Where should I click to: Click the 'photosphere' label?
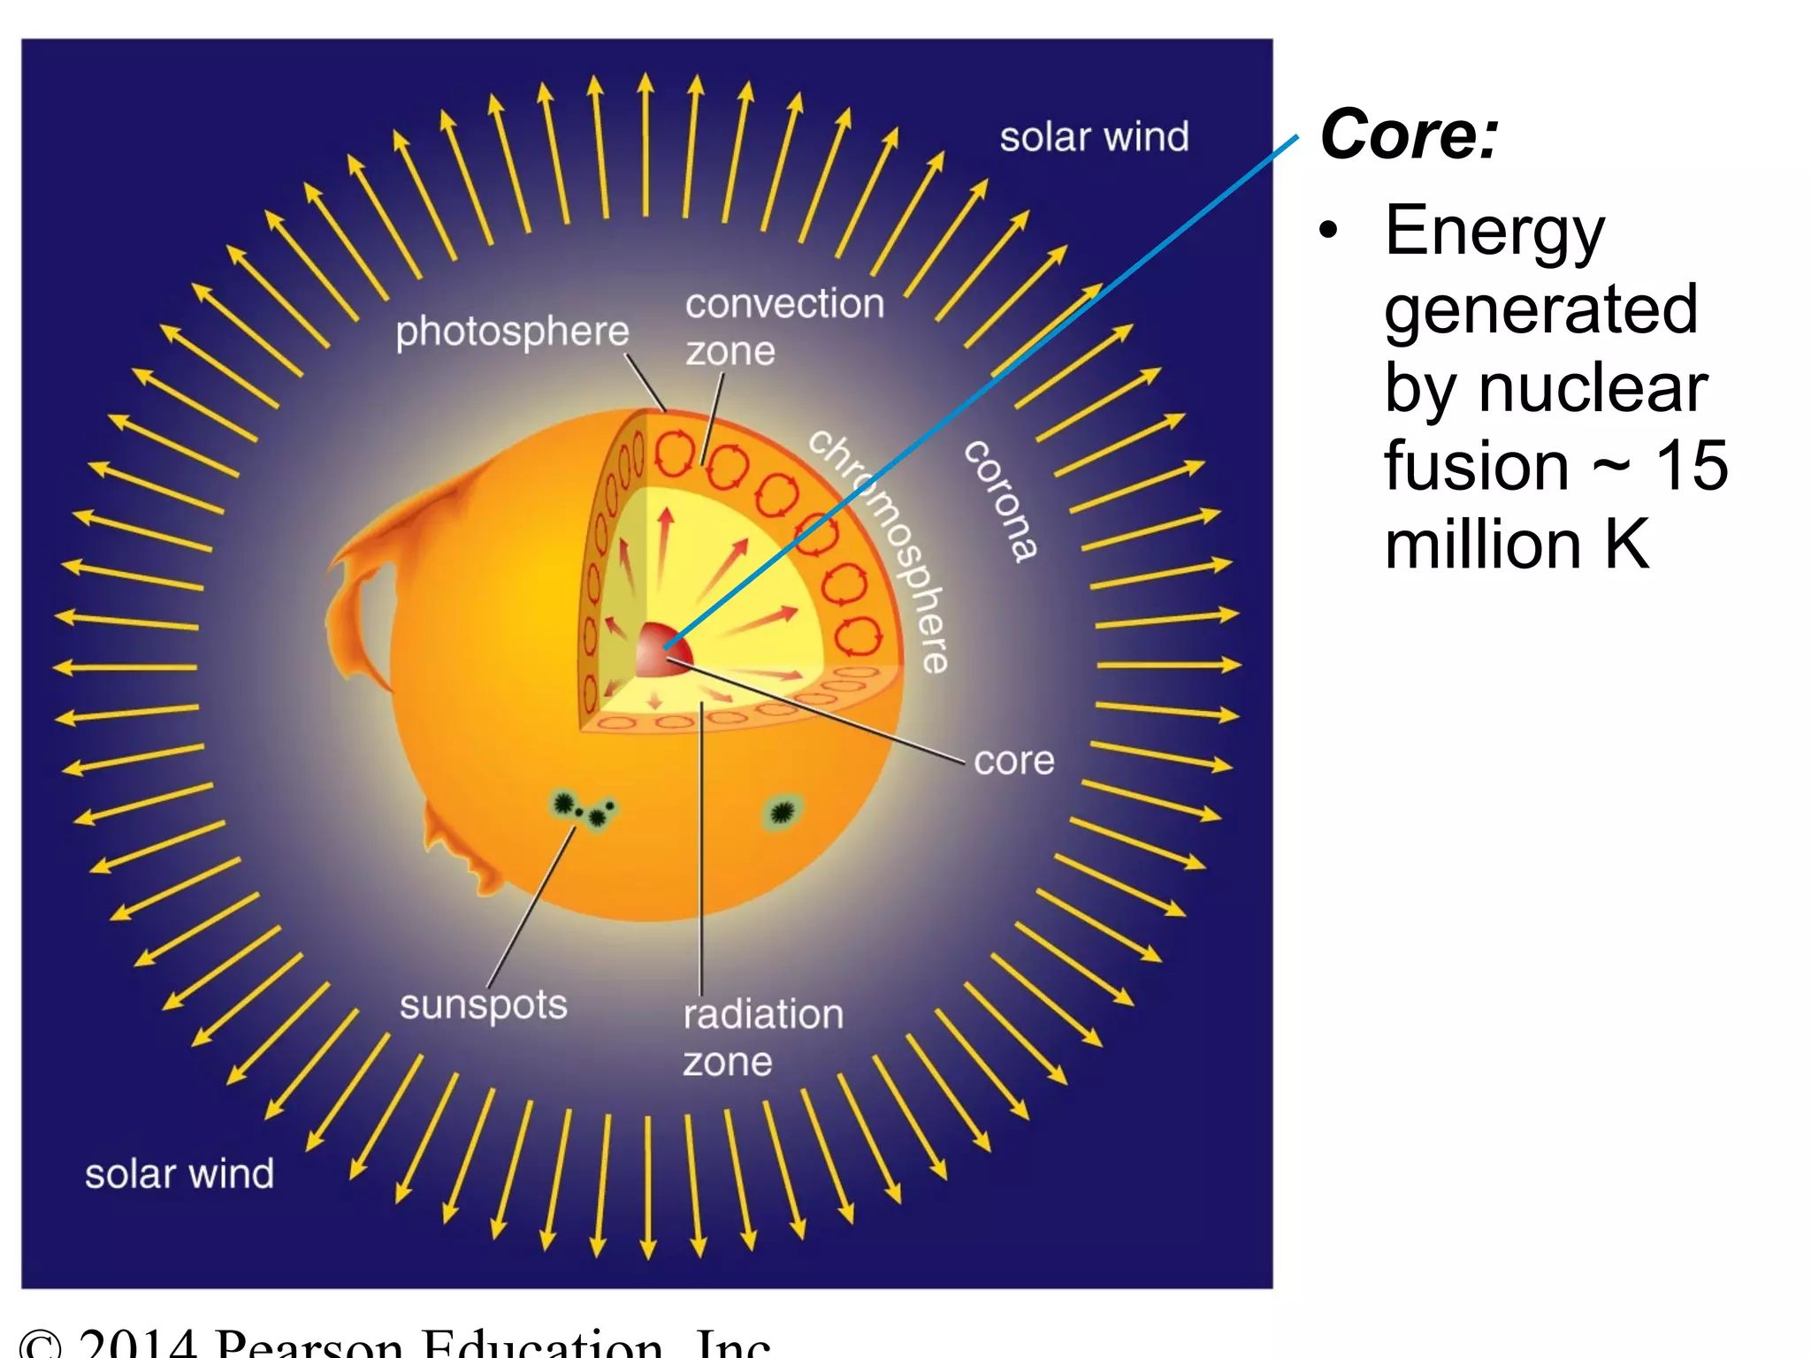point(512,332)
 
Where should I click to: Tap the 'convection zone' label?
point(783,326)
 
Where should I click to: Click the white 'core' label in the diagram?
point(1013,761)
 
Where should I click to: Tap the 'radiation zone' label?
point(762,1037)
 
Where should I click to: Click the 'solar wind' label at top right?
point(1094,138)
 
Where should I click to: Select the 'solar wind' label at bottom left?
point(180,1174)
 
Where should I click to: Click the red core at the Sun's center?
point(661,651)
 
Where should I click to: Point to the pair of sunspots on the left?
point(582,809)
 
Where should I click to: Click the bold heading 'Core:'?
point(1409,134)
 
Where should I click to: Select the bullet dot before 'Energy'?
point(1328,232)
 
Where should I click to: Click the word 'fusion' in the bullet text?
point(1476,466)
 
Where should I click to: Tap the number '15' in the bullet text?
point(1691,466)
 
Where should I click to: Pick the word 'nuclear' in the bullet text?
point(1593,388)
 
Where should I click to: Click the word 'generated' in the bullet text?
point(1540,309)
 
